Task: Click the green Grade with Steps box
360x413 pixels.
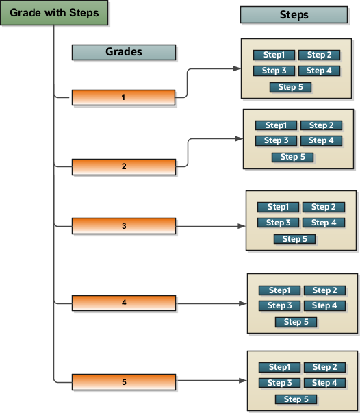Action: [x=54, y=14]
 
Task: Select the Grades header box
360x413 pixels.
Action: [x=124, y=53]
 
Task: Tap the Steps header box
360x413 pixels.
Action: [x=294, y=15]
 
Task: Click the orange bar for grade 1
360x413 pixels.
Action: [x=124, y=97]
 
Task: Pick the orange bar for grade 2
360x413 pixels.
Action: [x=124, y=166]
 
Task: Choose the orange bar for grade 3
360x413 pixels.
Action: [x=124, y=225]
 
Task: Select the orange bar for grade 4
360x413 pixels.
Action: [x=124, y=303]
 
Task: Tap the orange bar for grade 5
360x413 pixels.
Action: [x=124, y=381]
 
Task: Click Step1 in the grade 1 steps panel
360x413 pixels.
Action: [x=274, y=55]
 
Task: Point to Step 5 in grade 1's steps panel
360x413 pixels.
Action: [x=291, y=87]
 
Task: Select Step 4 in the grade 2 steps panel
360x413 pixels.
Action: [x=321, y=140]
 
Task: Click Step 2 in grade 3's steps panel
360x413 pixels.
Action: [x=324, y=207]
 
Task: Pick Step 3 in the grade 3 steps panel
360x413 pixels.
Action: [x=279, y=223]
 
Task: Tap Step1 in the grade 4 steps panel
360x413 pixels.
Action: [x=279, y=290]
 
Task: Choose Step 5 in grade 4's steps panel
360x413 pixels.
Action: [x=296, y=322]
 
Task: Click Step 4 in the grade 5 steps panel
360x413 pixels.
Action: [x=324, y=383]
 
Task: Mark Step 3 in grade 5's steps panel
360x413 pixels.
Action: [x=279, y=383]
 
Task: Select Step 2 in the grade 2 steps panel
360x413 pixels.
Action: [x=321, y=125]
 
